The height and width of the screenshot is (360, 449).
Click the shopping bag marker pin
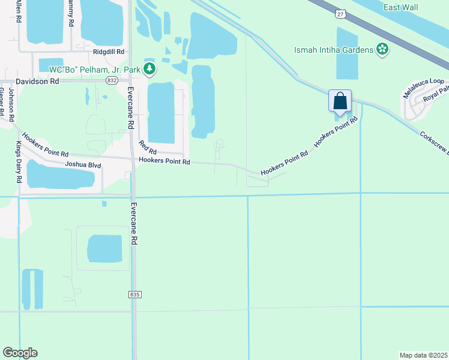coord(340,101)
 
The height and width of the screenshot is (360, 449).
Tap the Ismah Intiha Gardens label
coord(334,49)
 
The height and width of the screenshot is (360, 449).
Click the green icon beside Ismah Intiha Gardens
coord(381,49)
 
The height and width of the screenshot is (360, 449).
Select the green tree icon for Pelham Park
coord(149,70)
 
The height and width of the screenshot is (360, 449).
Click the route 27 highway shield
coord(340,13)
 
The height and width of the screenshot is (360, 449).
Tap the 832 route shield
coord(112,80)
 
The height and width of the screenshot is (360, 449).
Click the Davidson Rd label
coord(37,80)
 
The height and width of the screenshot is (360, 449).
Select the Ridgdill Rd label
coord(107,52)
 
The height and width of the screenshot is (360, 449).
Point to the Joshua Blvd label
coord(83,164)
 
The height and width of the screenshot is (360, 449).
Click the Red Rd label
coord(147,146)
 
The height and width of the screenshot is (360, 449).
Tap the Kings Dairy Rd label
coord(18,162)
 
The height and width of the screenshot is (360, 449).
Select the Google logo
coord(20,353)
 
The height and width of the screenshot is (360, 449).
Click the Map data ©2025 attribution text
coord(424,355)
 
